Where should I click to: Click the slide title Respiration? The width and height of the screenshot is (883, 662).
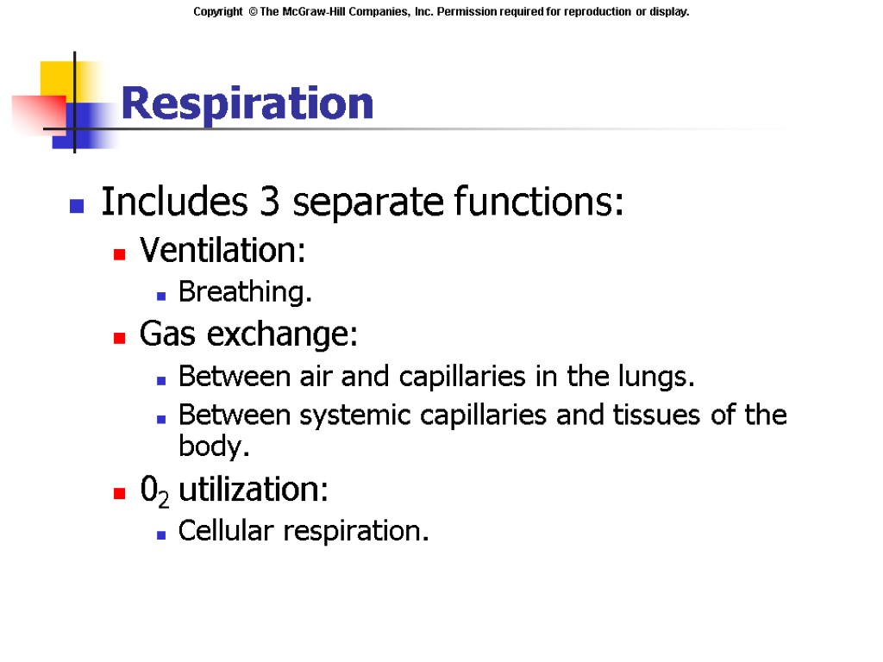247,103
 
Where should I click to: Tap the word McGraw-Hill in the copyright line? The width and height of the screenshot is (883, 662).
333,12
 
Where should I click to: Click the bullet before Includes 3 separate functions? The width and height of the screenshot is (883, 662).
77,207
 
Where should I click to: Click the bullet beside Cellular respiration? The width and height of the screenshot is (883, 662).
161,534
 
